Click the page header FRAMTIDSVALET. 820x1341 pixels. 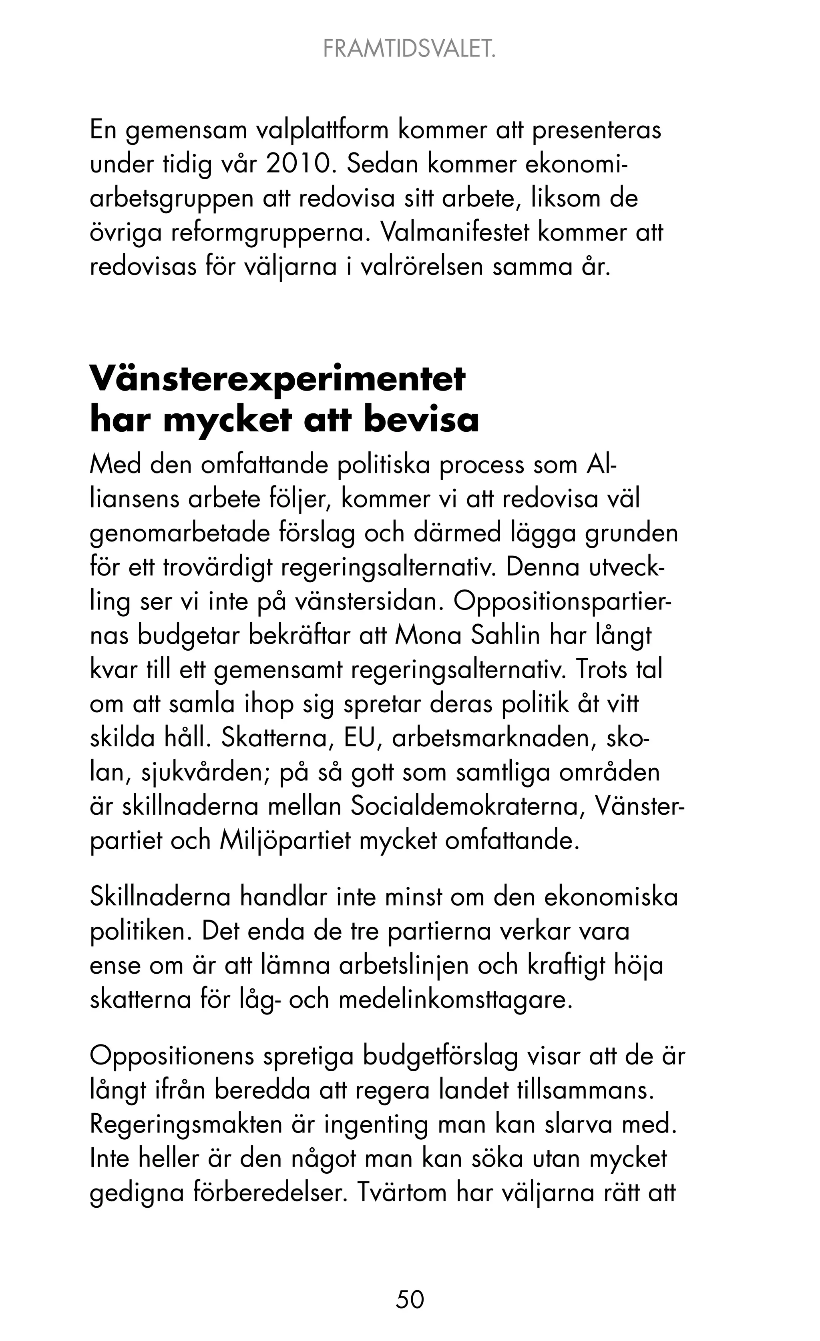(x=410, y=50)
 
